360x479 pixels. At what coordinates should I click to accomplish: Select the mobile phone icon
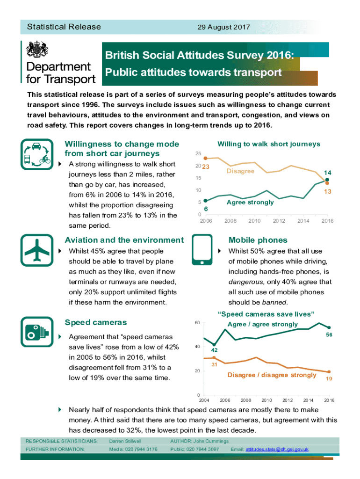pyautogui.click(x=202, y=253)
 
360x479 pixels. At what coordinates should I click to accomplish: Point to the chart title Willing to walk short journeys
pyautogui.click(x=269, y=144)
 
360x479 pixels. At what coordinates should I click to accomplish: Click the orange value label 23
pyautogui.click(x=205, y=167)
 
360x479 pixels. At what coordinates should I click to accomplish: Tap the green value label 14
pyautogui.click(x=328, y=172)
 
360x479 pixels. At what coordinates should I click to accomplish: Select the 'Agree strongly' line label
pyautogui.click(x=250, y=202)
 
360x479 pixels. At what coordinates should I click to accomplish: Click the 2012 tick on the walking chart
pyautogui.click(x=279, y=221)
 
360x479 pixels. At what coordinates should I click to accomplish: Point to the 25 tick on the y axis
pyautogui.click(x=198, y=154)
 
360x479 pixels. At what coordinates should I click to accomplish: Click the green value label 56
pyautogui.click(x=329, y=335)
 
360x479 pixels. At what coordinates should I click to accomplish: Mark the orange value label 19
pyautogui.click(x=329, y=379)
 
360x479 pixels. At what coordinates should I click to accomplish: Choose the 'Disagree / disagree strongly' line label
pyautogui.click(x=272, y=375)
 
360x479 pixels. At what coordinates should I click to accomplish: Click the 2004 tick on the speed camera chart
pyautogui.click(x=204, y=400)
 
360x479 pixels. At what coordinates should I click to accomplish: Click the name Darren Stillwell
pyautogui.click(x=125, y=441)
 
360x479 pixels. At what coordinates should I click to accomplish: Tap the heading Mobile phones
pyautogui.click(x=258, y=240)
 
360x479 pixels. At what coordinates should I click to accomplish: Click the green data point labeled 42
pyautogui.click(x=214, y=345)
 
